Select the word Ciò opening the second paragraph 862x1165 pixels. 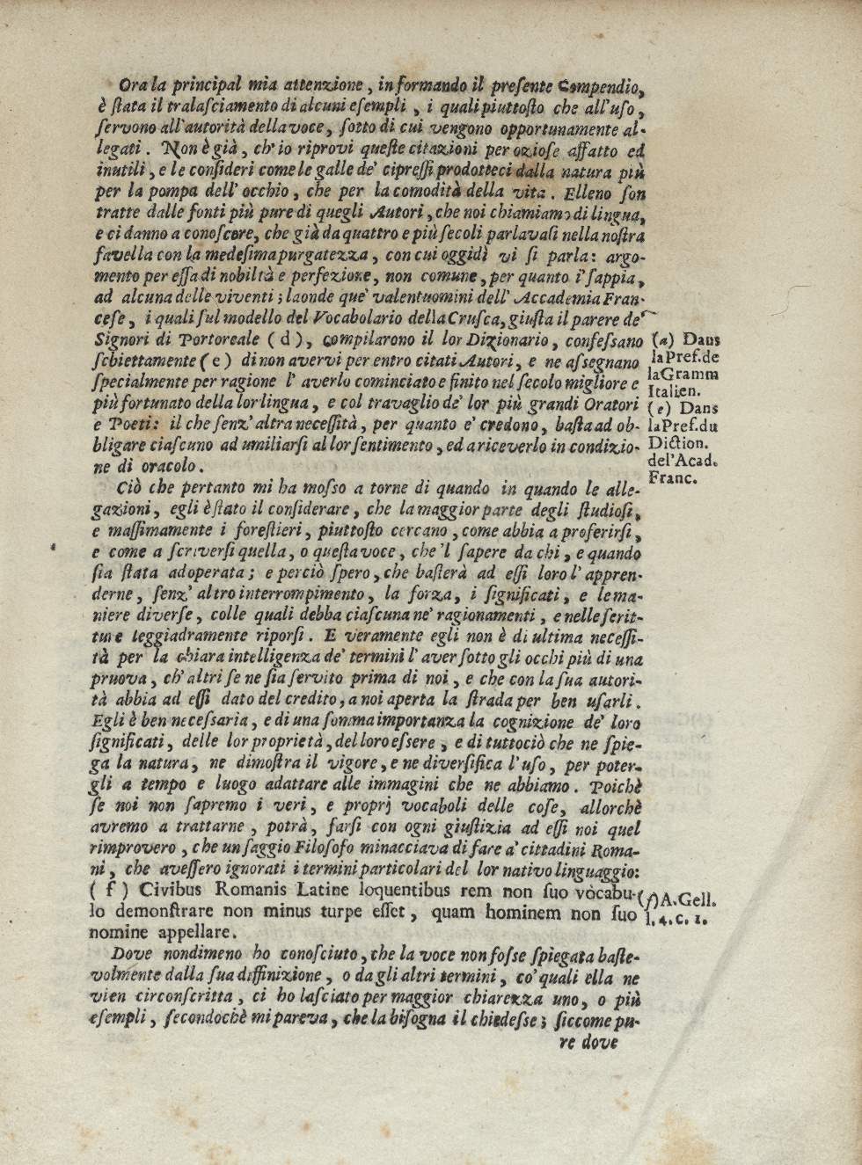pos(128,489)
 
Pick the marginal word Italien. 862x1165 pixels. pos(671,391)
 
